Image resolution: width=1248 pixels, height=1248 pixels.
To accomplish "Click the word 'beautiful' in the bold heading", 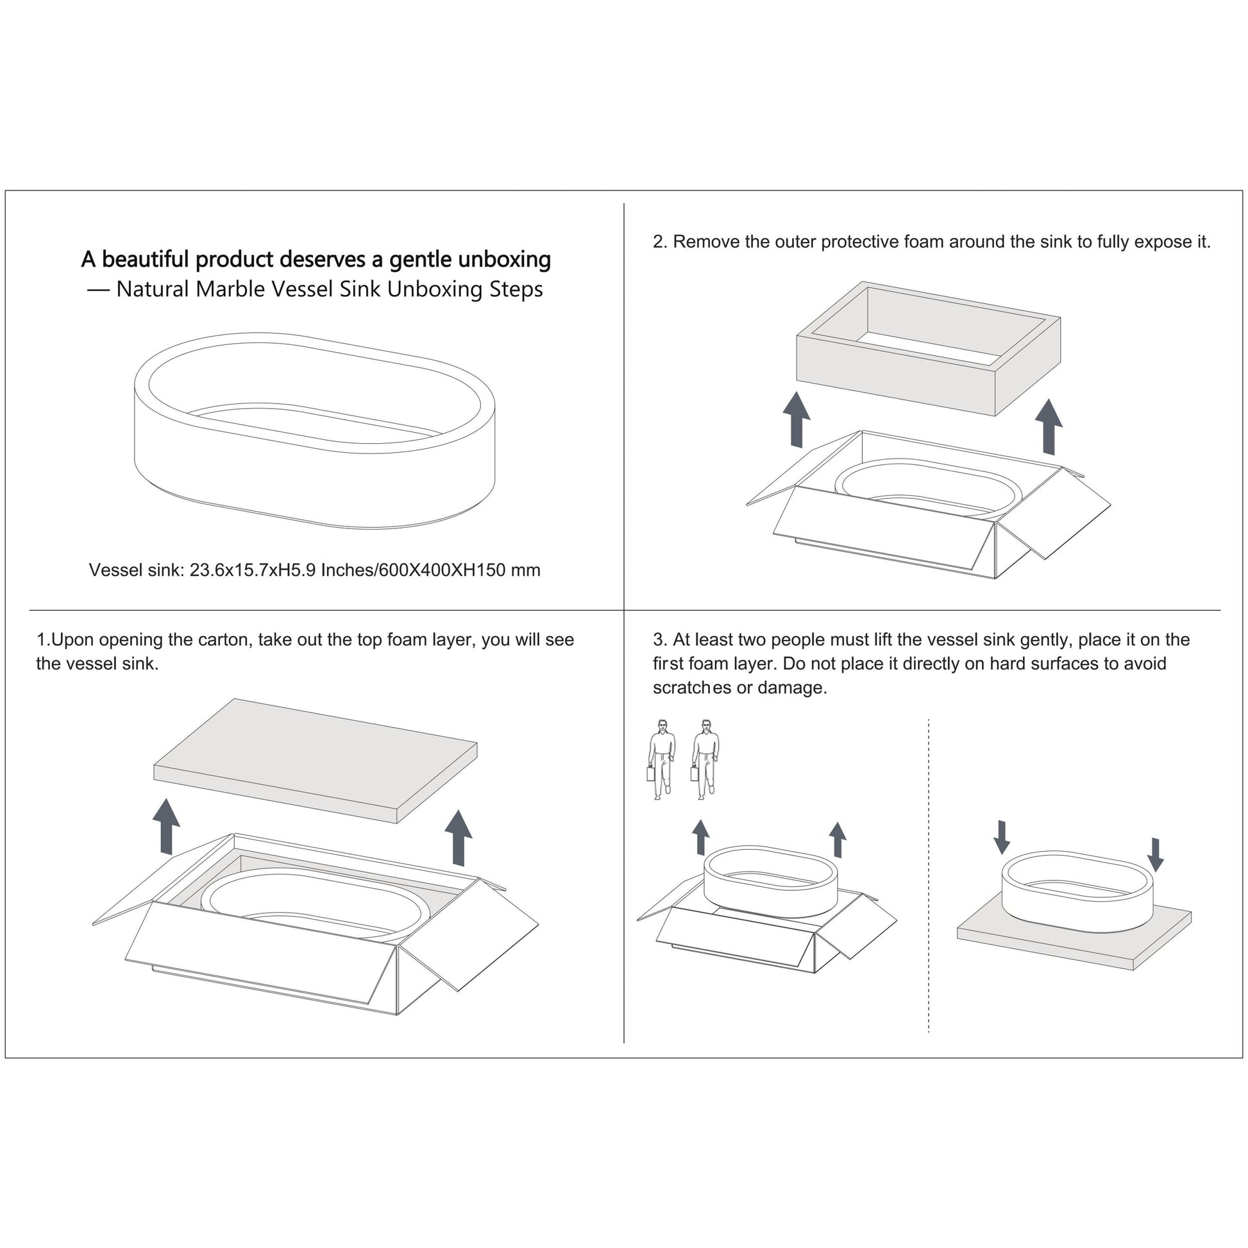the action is coord(146,260).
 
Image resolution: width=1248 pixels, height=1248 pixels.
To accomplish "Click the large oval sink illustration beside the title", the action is coord(315,430).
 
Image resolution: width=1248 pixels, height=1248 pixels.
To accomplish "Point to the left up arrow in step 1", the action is coord(166,826).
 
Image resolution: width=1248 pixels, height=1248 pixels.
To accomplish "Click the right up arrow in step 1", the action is coord(459,837).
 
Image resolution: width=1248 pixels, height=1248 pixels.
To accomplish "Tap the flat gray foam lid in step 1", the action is coord(316,761).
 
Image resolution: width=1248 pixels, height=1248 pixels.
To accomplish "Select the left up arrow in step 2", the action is coord(797,419).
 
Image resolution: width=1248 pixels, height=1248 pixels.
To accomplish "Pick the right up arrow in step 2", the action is coord(1049,426).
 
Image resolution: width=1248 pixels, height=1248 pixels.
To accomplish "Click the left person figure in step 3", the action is coord(661,760).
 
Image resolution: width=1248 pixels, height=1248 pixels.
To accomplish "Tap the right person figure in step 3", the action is coord(705,760).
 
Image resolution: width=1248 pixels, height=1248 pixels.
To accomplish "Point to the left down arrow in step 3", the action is coord(1002,838).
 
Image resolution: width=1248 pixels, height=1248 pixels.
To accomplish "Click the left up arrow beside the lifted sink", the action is coord(700,838).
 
